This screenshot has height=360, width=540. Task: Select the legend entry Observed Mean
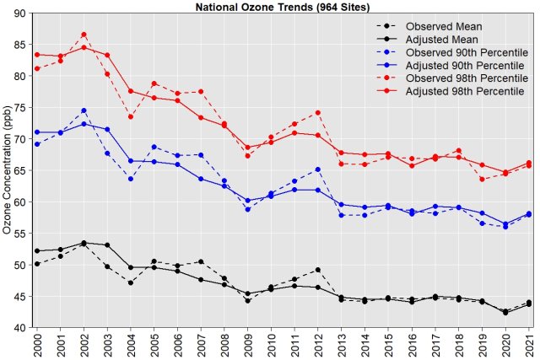point(444,26)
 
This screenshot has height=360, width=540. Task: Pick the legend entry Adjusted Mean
point(443,39)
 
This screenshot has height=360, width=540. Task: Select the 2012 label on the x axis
point(317,344)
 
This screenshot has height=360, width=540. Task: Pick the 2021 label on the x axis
point(528,344)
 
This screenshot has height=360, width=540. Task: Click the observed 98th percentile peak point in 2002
point(84,35)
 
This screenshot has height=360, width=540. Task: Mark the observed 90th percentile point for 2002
point(84,110)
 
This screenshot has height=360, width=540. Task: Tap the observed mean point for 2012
point(317,270)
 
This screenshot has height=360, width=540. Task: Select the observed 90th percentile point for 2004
point(131,179)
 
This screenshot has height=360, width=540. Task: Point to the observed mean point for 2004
point(131,282)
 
